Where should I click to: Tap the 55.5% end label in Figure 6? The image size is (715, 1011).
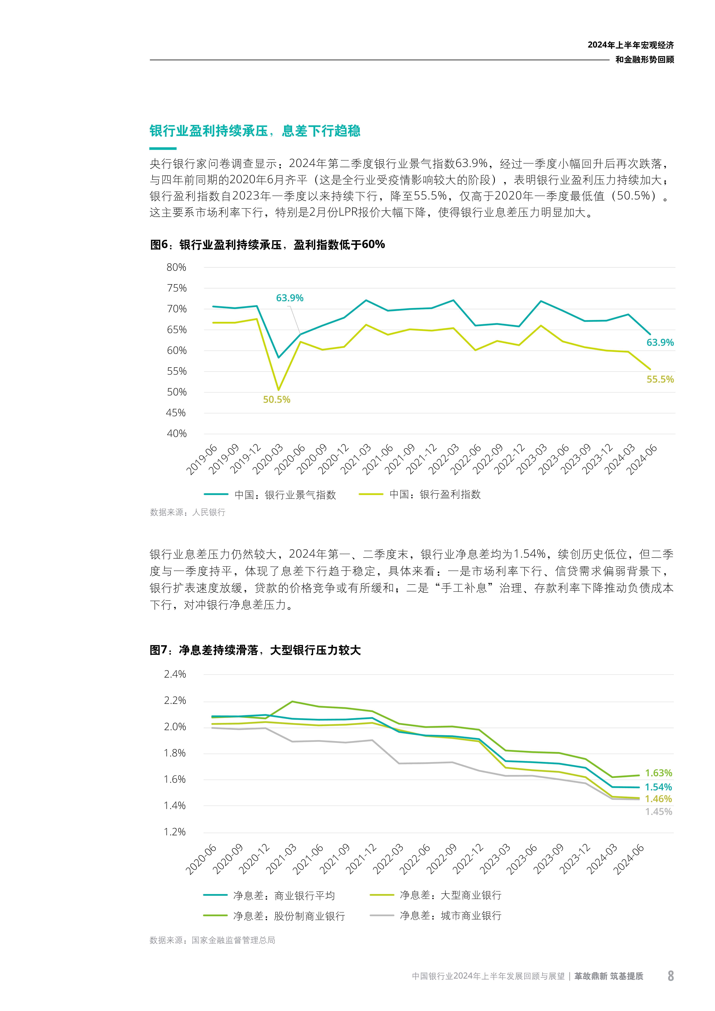click(659, 379)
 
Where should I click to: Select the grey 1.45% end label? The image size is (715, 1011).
click(658, 812)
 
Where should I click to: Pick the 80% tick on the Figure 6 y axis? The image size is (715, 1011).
click(176, 267)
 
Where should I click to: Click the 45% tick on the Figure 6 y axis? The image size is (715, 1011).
click(176, 413)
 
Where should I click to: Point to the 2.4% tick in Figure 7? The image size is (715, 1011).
click(175, 674)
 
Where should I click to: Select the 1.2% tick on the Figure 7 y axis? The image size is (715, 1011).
click(175, 832)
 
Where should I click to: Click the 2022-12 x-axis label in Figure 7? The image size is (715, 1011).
click(469, 859)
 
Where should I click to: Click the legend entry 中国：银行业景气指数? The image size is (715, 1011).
click(285, 495)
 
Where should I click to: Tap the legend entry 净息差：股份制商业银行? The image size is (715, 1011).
click(289, 916)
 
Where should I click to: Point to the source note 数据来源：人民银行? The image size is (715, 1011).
click(188, 512)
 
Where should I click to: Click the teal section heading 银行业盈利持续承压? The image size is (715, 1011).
click(255, 131)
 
